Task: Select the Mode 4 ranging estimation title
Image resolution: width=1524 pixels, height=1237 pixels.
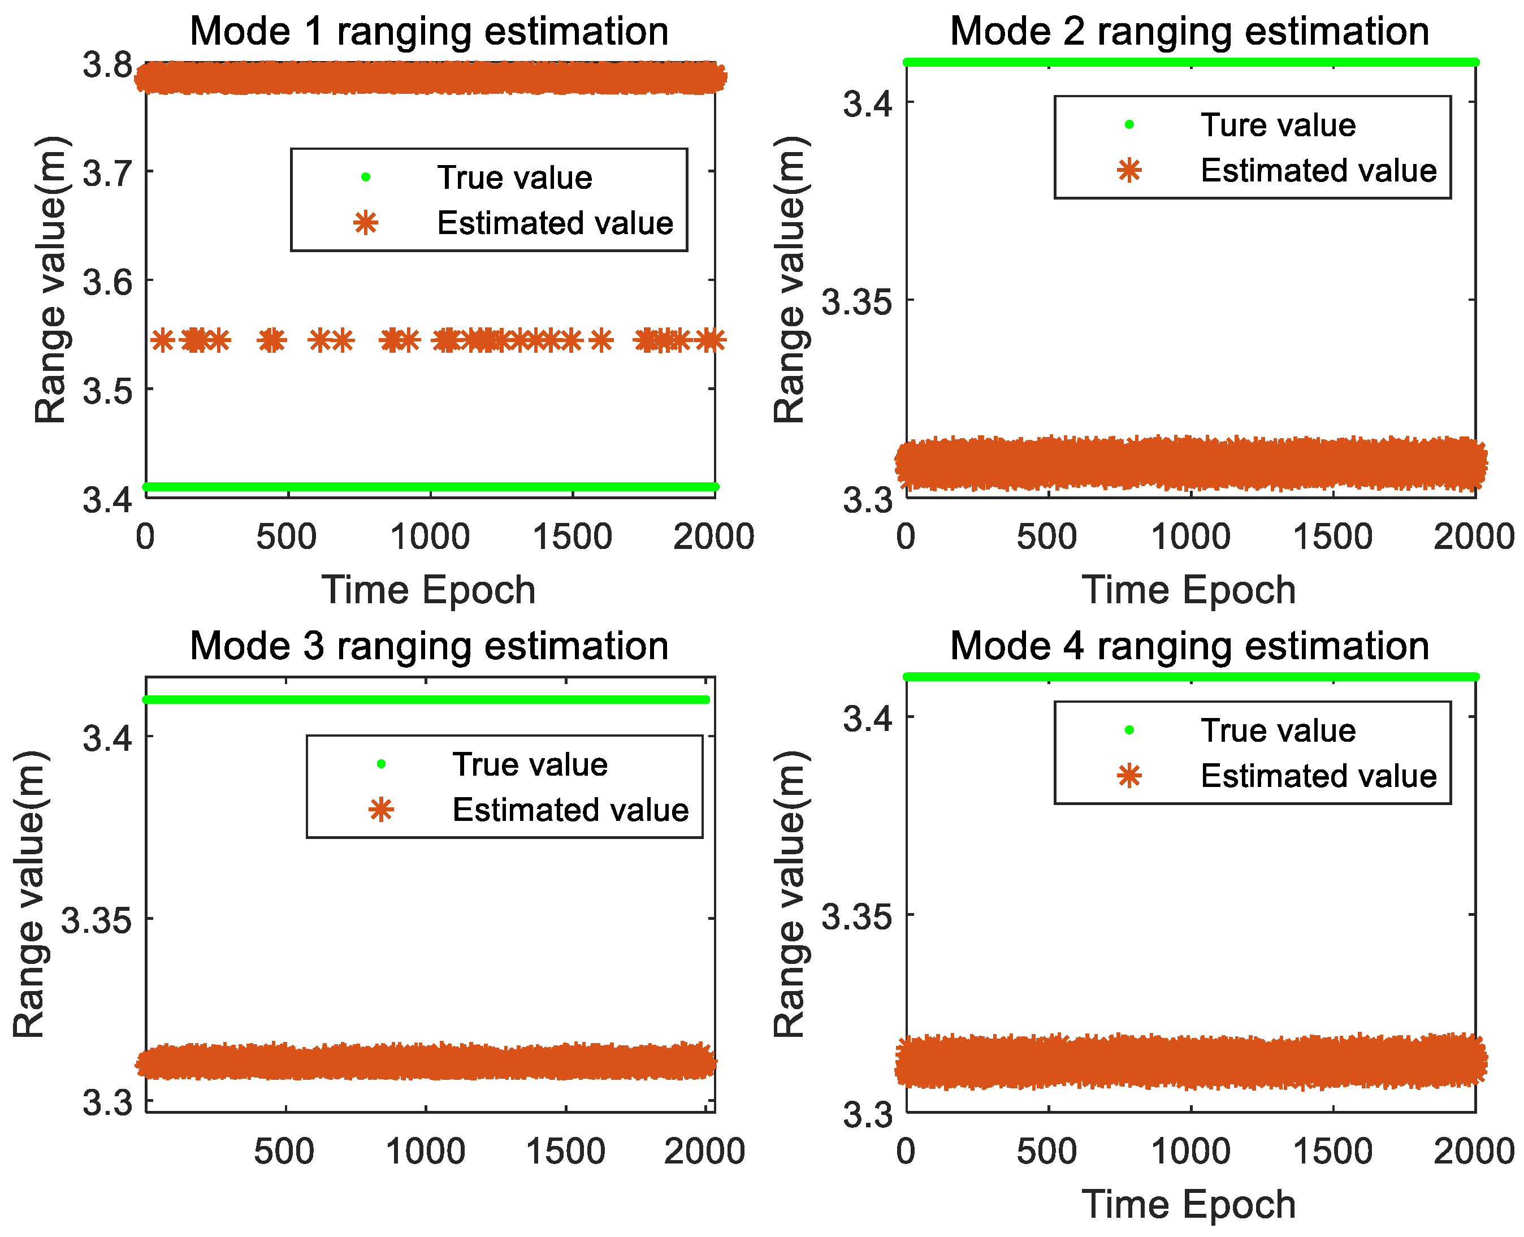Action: pos(1189,646)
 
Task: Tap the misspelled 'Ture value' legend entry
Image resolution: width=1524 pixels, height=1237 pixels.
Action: pos(1278,126)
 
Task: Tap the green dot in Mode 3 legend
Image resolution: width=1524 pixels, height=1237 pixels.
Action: pos(381,764)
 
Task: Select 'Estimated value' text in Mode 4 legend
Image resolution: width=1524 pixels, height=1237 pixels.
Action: pos(1318,776)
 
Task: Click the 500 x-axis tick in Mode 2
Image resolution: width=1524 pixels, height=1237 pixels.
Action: pos(1047,537)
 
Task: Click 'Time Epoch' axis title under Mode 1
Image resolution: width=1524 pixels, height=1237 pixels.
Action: pos(428,591)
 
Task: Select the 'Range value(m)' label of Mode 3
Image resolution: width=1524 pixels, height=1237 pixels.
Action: pos(29,894)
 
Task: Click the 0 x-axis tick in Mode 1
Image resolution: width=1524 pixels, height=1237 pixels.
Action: pos(145,537)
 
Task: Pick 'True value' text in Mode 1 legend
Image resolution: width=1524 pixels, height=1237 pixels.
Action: pos(514,178)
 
